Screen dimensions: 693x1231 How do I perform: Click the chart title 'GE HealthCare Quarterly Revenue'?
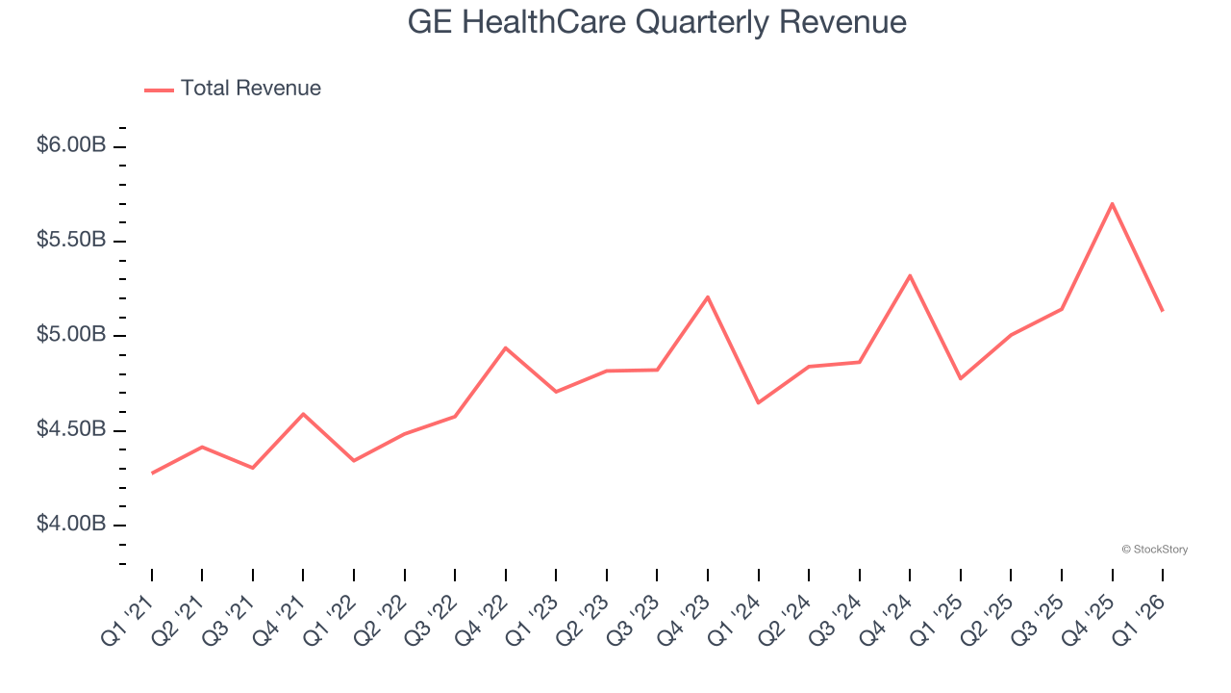tap(657, 22)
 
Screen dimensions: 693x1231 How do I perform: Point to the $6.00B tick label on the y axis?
tap(71, 145)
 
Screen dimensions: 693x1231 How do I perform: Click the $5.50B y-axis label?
tap(71, 240)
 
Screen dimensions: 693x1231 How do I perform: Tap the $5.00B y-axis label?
tap(71, 335)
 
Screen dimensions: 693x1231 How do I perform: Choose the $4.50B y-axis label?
tap(71, 429)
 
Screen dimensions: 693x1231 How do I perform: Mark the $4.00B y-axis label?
tap(71, 524)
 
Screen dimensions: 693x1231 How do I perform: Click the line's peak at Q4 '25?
tap(1112, 204)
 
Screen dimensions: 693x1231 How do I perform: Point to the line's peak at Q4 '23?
tap(708, 296)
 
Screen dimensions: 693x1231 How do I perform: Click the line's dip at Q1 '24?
tap(759, 402)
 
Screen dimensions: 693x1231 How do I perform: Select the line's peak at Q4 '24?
tap(910, 275)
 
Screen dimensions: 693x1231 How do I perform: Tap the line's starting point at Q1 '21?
tap(152, 473)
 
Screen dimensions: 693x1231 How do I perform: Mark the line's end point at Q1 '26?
tap(1163, 310)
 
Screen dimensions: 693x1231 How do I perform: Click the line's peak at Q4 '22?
tap(506, 347)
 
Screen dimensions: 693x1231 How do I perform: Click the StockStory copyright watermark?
tap(1154, 550)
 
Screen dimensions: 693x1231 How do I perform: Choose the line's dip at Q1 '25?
tap(960, 378)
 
